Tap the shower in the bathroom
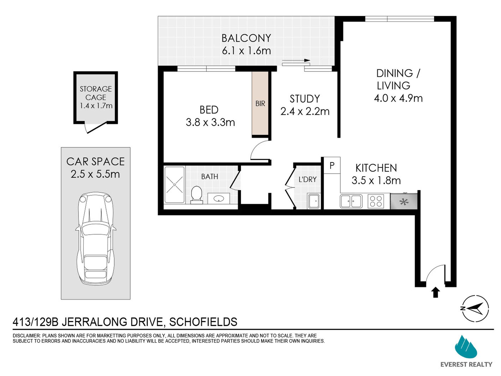(x=175, y=185)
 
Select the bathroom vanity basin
(x=219, y=198)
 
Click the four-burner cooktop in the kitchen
(x=376, y=201)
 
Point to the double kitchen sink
(x=351, y=201)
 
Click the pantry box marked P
(x=332, y=165)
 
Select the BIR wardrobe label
(x=260, y=104)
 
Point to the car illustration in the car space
(x=96, y=239)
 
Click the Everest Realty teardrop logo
(x=466, y=347)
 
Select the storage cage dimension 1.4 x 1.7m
(x=96, y=106)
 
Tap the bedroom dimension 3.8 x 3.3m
(x=210, y=122)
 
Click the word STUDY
(x=305, y=99)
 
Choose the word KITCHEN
(x=376, y=168)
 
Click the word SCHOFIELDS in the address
(x=203, y=322)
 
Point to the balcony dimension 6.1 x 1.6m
(x=246, y=51)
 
